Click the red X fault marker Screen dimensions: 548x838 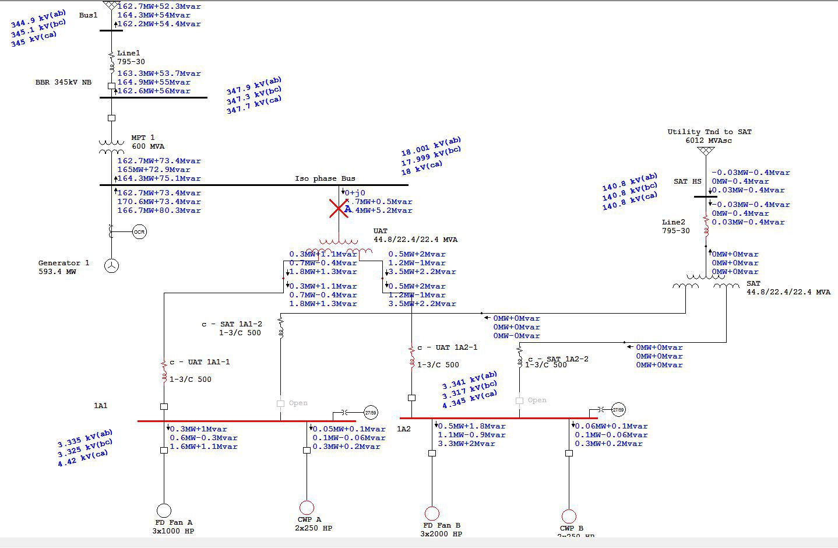coord(339,208)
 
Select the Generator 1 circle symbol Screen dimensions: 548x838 coord(111,265)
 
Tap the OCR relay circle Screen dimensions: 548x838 coord(139,232)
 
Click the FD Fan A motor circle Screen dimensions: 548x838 coord(164,511)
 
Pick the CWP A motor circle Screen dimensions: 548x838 coord(307,508)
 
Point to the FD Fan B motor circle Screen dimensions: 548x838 coord(432,514)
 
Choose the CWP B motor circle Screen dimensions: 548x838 coord(569,517)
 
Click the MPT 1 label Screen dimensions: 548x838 coord(143,138)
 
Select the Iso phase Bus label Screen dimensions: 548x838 coord(325,178)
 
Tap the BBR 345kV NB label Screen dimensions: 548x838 coord(64,82)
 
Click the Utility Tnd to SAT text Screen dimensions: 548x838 coord(709,132)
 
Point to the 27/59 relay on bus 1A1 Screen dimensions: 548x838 coord(371,413)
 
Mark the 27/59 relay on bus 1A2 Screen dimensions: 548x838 coord(619,410)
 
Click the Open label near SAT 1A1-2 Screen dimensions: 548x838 coord(298,403)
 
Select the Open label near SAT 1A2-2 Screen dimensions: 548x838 coord(537,400)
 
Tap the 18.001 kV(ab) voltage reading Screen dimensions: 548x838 coord(431,146)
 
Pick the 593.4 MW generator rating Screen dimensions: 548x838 coord(57,272)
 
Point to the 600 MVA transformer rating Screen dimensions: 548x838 coord(148,146)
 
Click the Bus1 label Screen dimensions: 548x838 coord(89,15)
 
